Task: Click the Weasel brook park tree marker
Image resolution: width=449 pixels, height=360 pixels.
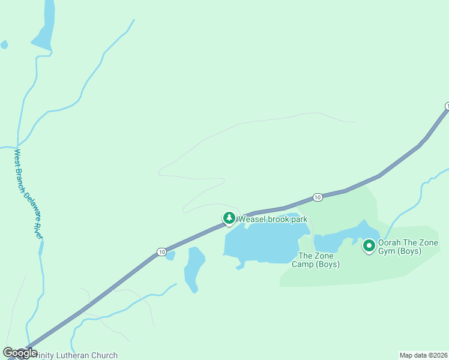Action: pos(229,218)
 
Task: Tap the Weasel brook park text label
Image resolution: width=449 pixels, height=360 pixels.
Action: pos(273,219)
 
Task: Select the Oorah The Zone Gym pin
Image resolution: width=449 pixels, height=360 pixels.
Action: pos(369,246)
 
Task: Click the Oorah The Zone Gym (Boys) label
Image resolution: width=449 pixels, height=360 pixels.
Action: pos(408,247)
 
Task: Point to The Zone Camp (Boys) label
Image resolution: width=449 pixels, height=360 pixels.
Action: pos(315,260)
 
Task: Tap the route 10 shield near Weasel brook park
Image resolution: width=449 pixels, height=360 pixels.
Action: pos(318,197)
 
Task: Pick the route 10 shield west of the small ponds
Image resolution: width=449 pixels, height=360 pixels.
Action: pos(161,252)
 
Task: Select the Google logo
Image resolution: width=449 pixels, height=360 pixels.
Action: pos(19,353)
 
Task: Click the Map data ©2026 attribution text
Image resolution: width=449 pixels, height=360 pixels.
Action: pos(423,355)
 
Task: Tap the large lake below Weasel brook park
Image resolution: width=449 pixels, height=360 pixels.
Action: pos(261,243)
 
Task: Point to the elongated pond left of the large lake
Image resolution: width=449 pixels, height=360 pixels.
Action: pos(193,269)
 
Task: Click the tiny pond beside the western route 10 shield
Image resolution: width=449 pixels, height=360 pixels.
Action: pos(170,256)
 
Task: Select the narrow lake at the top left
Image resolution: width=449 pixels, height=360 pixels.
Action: pos(44,27)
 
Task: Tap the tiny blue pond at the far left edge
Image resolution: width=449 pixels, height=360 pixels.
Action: pos(4,44)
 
